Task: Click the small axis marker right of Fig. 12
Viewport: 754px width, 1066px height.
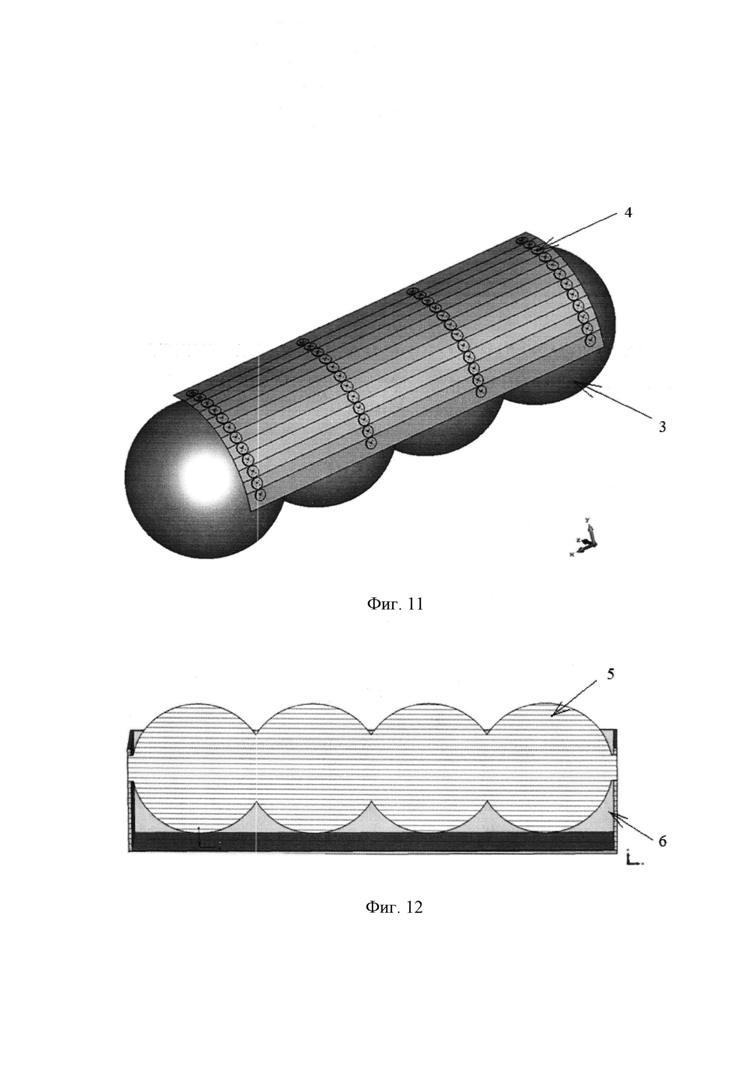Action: click(x=632, y=858)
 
